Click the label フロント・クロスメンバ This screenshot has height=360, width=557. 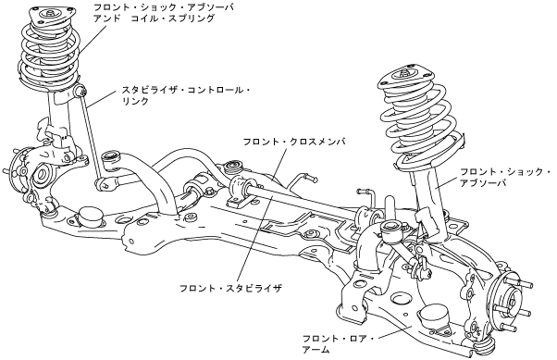point(294,142)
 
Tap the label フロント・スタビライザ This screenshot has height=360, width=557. point(230,288)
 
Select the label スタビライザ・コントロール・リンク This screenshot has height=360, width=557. point(186,95)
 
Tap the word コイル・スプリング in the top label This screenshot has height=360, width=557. point(173,19)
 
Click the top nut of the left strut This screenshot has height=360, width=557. point(50,14)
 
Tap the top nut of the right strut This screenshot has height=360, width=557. point(404,74)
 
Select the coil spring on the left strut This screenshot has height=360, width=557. point(50,54)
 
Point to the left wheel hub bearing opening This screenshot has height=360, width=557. point(41,174)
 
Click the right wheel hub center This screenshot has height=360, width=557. point(512,302)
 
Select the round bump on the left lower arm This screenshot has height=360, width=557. point(91,216)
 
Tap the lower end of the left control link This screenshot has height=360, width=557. point(103,183)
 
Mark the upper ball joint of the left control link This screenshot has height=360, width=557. point(80,91)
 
